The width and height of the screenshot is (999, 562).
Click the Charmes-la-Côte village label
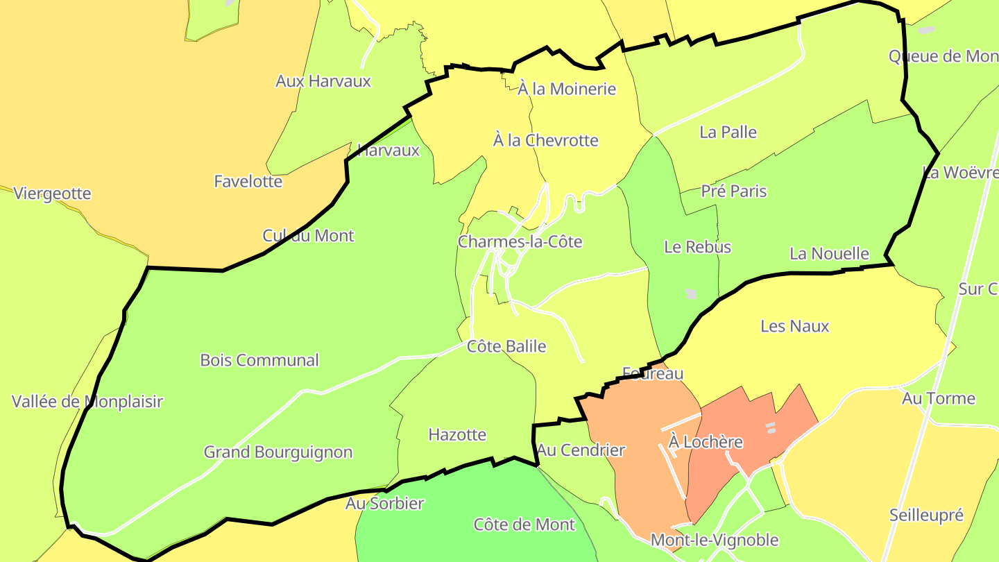[x=520, y=242]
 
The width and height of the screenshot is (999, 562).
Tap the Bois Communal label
[x=259, y=360]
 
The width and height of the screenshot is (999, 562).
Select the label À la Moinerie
[x=567, y=89]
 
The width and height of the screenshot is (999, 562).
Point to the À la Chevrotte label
[x=545, y=140]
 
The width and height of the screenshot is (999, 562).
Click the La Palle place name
[x=728, y=133]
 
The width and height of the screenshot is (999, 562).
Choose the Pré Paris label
[x=734, y=191]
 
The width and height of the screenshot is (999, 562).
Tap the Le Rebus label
[x=697, y=247]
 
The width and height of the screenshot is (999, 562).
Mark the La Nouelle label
[x=829, y=254]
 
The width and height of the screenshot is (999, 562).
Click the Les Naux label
[x=794, y=326]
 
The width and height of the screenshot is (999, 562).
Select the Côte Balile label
[x=506, y=346]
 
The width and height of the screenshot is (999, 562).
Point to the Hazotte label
[x=457, y=435]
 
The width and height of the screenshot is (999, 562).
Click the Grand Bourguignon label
[x=278, y=452]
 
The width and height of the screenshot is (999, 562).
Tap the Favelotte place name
[x=248, y=182]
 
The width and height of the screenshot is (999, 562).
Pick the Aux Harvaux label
[x=323, y=81]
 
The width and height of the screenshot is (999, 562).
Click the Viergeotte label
[x=52, y=194]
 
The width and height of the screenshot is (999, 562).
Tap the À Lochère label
[x=706, y=442]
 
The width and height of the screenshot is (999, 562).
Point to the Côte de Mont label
[x=524, y=525]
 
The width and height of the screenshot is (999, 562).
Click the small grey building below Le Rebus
[x=691, y=293]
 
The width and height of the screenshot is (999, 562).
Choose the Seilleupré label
[x=926, y=516]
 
